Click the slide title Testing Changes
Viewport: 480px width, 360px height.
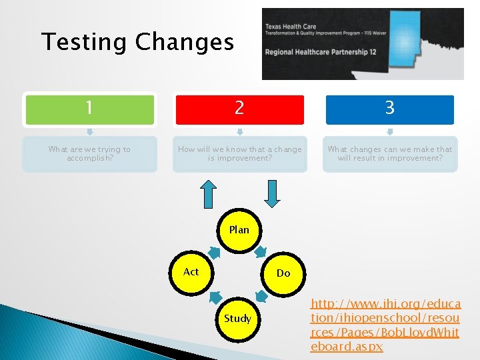(137, 42)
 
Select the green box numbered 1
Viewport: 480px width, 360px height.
(89, 109)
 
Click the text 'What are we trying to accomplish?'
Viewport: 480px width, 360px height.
(89, 154)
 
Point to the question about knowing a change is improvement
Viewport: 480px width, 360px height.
(239, 154)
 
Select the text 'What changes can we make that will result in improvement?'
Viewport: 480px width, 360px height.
(389, 154)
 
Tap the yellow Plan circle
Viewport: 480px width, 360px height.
(239, 231)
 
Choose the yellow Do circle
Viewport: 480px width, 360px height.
(283, 273)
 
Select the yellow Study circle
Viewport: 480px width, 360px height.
(237, 319)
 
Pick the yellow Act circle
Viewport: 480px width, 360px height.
(191, 272)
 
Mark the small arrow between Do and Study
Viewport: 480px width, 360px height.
(262, 295)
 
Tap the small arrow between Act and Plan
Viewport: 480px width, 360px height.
(215, 252)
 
